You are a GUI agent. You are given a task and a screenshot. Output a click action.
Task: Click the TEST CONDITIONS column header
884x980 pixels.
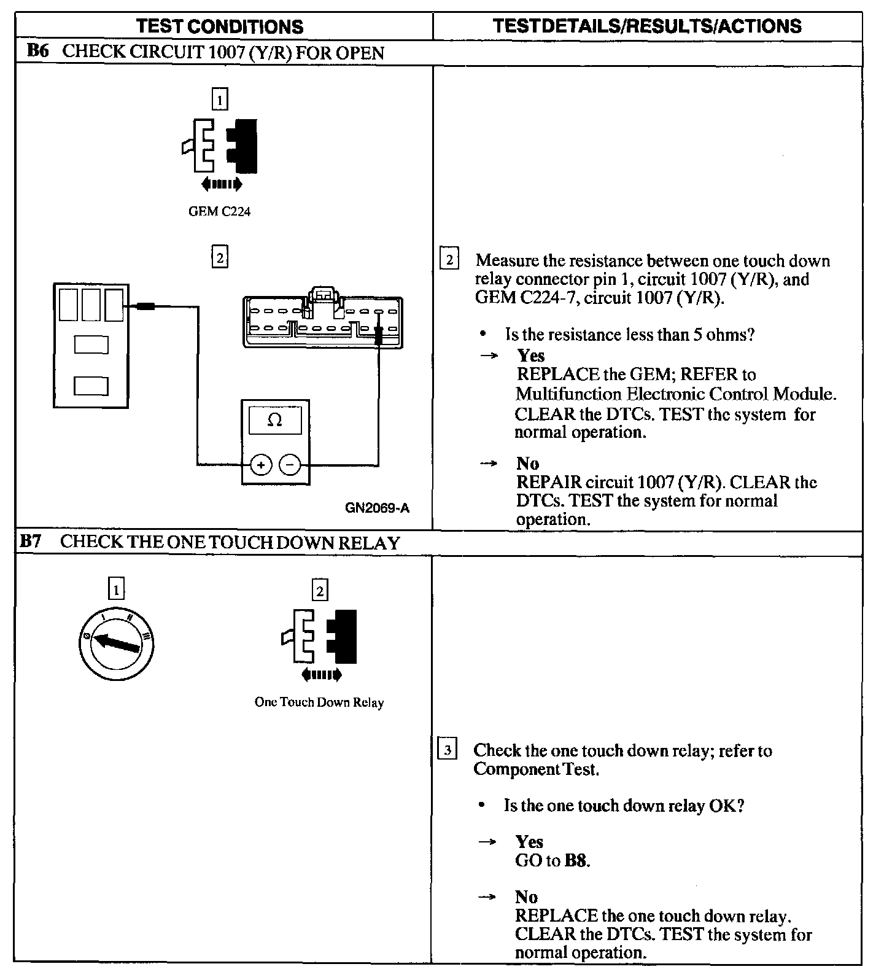pyautogui.click(x=220, y=26)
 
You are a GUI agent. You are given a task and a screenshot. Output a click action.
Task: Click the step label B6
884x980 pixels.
pyautogui.click(x=37, y=51)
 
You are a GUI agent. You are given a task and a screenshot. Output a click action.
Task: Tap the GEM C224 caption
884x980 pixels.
pyautogui.click(x=220, y=212)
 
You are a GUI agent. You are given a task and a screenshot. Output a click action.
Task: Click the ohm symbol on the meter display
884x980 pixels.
pyautogui.click(x=275, y=421)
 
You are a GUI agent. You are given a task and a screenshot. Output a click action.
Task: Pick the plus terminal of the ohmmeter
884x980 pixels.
pyautogui.click(x=261, y=465)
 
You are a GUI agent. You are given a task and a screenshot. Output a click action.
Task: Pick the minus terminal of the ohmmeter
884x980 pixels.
pyautogui.click(x=290, y=465)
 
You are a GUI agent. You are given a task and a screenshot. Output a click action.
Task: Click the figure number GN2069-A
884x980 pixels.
pyautogui.click(x=377, y=508)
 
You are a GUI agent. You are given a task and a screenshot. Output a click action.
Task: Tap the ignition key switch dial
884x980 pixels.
pyautogui.click(x=117, y=644)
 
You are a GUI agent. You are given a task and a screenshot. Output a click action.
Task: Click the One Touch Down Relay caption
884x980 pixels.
pyautogui.click(x=319, y=702)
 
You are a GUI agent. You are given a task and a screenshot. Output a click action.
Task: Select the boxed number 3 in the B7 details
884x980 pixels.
pyautogui.click(x=448, y=750)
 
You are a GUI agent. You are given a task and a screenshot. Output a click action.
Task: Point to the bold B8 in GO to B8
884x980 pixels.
pyautogui.click(x=575, y=861)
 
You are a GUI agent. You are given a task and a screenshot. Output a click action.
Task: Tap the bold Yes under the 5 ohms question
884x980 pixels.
pyautogui.click(x=531, y=356)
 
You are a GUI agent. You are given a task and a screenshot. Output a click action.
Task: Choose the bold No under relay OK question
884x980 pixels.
pyautogui.click(x=526, y=897)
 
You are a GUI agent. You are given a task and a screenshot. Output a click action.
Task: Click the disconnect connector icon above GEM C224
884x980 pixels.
pyautogui.click(x=220, y=146)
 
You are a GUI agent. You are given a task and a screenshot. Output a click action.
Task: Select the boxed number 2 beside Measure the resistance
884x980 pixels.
pyautogui.click(x=449, y=260)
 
